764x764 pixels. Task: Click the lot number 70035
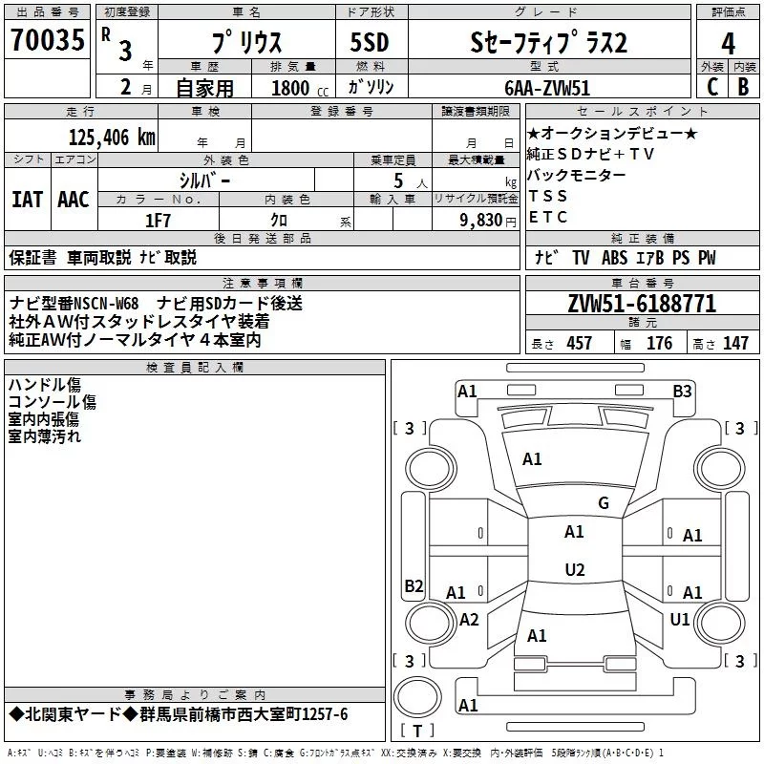[x=48, y=40]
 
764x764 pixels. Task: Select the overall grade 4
[x=728, y=44]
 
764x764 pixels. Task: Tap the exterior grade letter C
[x=712, y=87]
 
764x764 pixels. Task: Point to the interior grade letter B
[x=743, y=87]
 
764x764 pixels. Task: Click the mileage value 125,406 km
[x=112, y=138]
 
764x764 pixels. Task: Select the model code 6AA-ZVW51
[x=547, y=88]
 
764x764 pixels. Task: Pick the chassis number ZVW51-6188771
[x=642, y=304]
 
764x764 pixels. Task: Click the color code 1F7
[x=158, y=221]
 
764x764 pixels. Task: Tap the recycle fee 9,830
[x=481, y=221]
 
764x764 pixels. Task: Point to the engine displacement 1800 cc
[x=300, y=88]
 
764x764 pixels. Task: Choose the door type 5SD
[x=370, y=42]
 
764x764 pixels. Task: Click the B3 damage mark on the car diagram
[x=682, y=392]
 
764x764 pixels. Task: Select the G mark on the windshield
[x=604, y=503]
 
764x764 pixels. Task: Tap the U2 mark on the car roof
[x=575, y=569]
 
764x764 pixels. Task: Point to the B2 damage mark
[x=414, y=585]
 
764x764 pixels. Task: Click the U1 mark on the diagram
[x=680, y=619]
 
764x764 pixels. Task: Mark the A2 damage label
[x=469, y=619]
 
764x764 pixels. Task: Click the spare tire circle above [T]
[x=417, y=697]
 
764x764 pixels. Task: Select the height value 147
[x=735, y=344]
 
